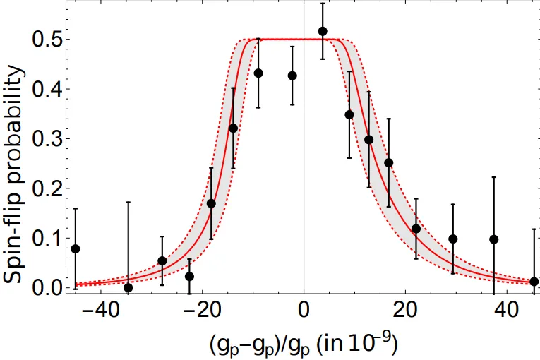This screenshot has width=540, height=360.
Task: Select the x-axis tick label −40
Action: pyautogui.click(x=100, y=310)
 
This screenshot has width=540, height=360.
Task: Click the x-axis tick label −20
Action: pyautogui.click(x=202, y=310)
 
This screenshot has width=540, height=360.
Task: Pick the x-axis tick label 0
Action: pyautogui.click(x=304, y=310)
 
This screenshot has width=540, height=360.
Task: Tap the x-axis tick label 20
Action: pyautogui.click(x=405, y=310)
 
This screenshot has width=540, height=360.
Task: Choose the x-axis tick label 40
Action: pyautogui.click(x=507, y=310)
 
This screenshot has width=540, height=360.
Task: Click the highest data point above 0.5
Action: pyautogui.click(x=323, y=31)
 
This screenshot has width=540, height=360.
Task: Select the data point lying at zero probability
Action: pyautogui.click(x=128, y=288)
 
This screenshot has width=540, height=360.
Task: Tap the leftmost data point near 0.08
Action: pyautogui.click(x=76, y=248)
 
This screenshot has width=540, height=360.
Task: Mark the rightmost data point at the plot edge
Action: pyautogui.click(x=534, y=282)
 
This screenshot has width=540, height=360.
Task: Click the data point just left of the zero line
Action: pyautogui.click(x=292, y=76)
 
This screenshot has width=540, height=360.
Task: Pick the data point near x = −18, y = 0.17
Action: pyautogui.click(x=212, y=203)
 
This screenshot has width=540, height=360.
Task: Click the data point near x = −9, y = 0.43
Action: pyautogui.click(x=258, y=73)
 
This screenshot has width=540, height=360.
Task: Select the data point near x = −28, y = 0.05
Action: pyautogui.click(x=162, y=260)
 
